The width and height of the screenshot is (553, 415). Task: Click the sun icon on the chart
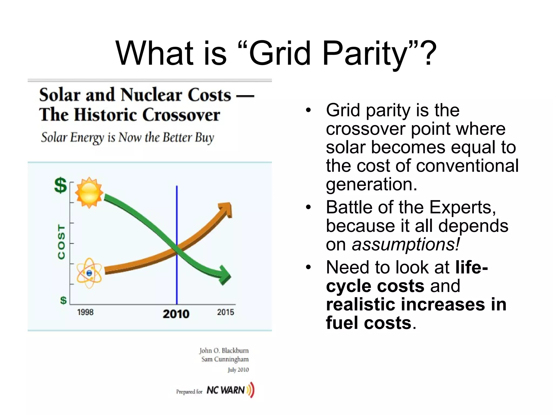click(89, 192)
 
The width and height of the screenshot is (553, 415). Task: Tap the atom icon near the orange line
click(89, 273)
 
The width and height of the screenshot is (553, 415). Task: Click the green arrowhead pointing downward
click(225, 276)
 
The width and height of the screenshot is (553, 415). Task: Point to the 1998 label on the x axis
click(85, 312)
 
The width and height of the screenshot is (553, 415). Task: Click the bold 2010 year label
click(176, 314)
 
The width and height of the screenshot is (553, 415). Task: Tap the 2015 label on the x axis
click(225, 312)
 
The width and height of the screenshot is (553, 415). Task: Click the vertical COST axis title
click(62, 242)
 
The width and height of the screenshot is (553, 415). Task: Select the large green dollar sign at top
click(60, 185)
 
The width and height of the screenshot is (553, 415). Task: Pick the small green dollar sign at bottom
click(63, 300)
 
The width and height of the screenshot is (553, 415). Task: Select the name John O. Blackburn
click(224, 350)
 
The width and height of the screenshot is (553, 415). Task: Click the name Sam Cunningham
click(225, 359)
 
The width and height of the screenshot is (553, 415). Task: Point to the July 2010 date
click(238, 370)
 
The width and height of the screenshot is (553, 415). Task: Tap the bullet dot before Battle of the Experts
click(308, 207)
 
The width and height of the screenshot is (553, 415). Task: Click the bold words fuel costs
click(369, 323)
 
